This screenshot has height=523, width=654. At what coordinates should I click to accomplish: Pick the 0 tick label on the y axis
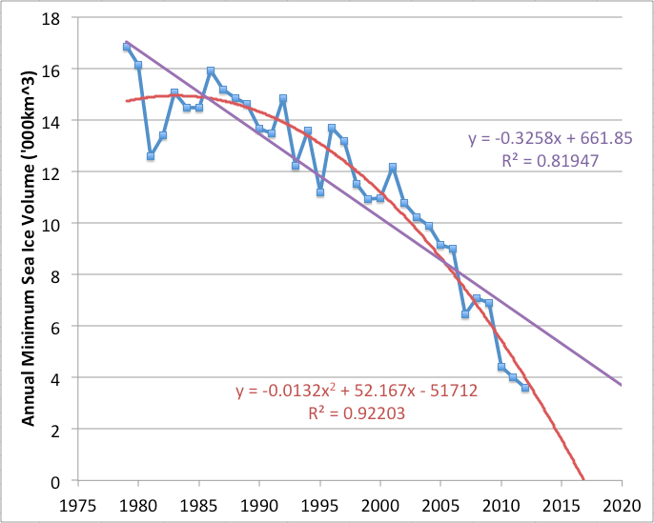[58, 481]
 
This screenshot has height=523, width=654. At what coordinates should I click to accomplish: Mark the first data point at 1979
[126, 47]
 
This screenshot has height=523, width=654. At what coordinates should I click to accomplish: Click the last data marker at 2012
[525, 388]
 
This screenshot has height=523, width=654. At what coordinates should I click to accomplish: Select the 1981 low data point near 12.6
[151, 155]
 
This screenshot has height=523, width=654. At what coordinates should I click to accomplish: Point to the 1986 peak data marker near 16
[211, 71]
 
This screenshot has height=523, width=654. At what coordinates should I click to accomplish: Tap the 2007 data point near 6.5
[465, 313]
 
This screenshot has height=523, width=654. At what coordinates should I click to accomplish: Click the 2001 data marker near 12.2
[392, 168]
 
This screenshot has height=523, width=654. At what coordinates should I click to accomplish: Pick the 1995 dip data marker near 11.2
[320, 192]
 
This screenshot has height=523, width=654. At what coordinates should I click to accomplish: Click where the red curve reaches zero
[583, 480]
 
